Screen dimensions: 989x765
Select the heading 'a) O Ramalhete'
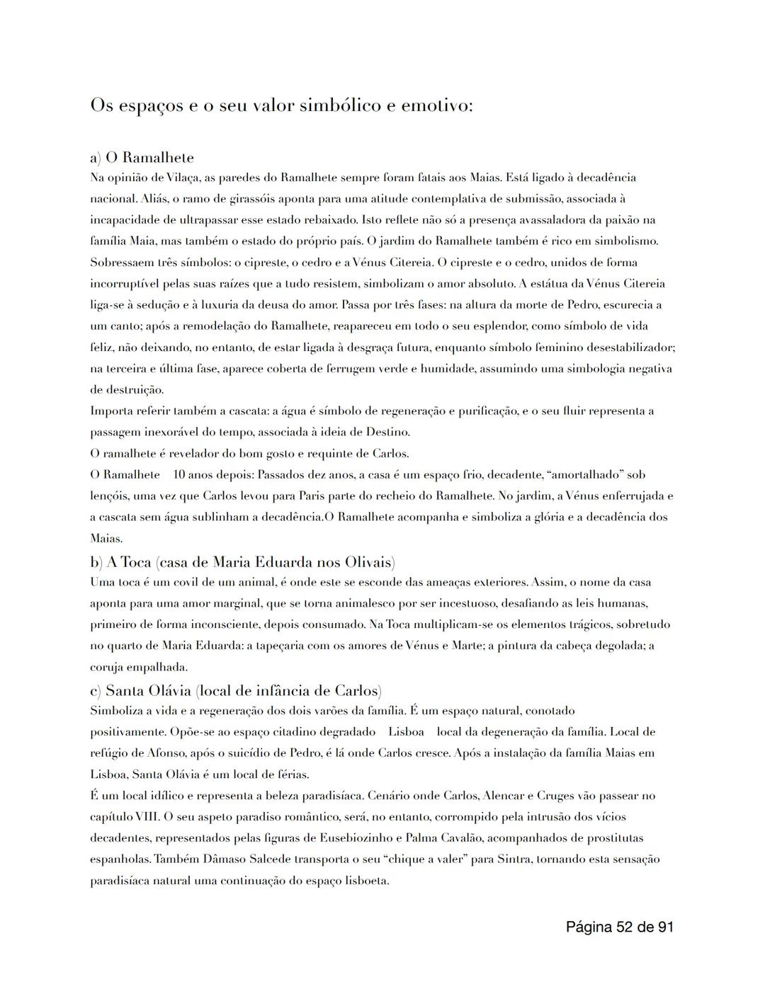142,157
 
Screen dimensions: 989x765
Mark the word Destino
388,432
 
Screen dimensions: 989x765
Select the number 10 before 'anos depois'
180,474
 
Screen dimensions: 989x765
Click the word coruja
106,667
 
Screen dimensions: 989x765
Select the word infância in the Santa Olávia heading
292,690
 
